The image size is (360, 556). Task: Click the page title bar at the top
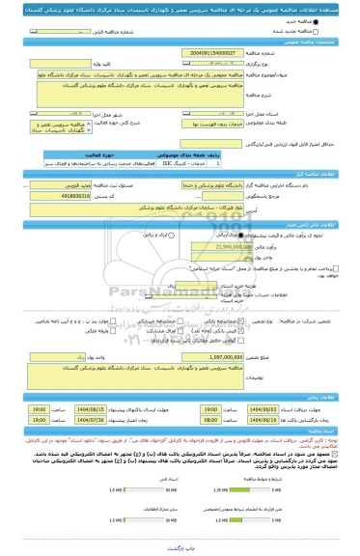click(180, 7)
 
